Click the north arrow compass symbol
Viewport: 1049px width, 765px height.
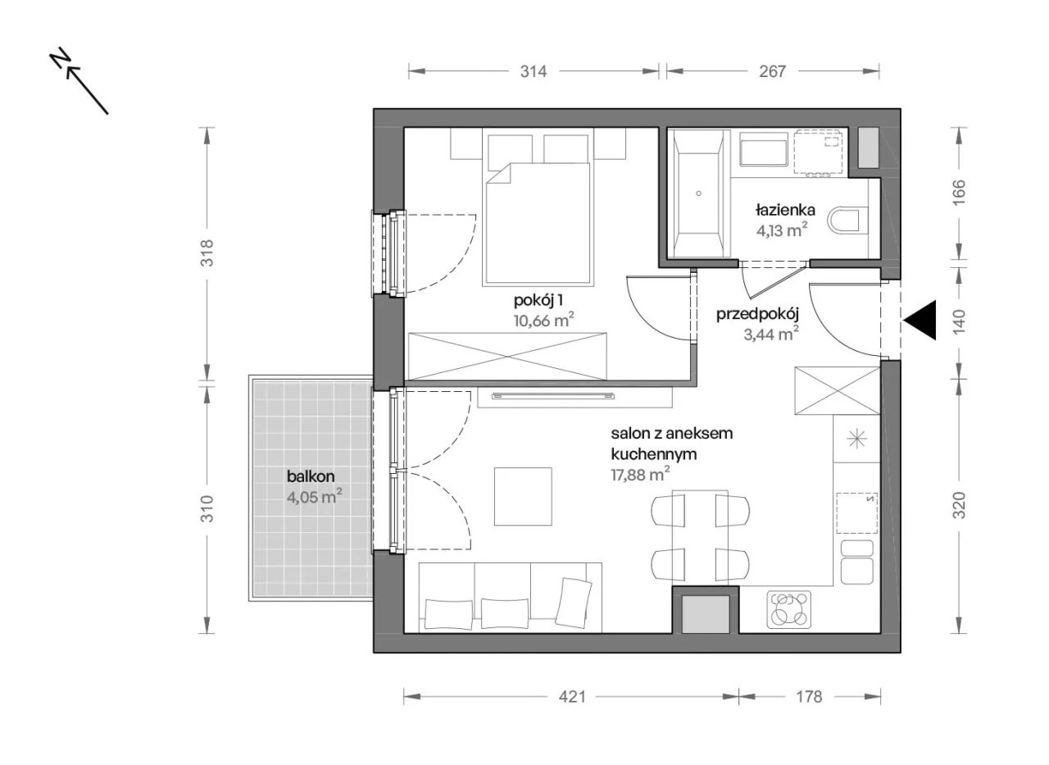[78, 80]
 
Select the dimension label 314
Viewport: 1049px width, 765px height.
[534, 71]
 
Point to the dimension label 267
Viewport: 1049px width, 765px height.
[772, 71]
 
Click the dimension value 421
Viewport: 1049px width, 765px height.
[572, 697]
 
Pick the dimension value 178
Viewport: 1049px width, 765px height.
[809, 697]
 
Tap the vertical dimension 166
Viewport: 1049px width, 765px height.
[959, 192]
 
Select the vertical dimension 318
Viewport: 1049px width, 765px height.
[207, 253]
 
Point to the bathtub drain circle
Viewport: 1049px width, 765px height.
[699, 194]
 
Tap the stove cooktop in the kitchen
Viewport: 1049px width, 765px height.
[789, 609]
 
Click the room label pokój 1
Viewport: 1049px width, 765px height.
[538, 300]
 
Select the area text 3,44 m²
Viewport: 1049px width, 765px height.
[771, 334]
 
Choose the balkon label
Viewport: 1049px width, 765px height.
[311, 477]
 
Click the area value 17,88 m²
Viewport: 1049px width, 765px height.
[640, 475]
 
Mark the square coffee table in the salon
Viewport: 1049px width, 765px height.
[523, 497]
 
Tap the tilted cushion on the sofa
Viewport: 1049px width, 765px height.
[574, 603]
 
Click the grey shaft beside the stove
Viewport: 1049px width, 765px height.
[706, 614]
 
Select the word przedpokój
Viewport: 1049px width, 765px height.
[757, 315]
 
